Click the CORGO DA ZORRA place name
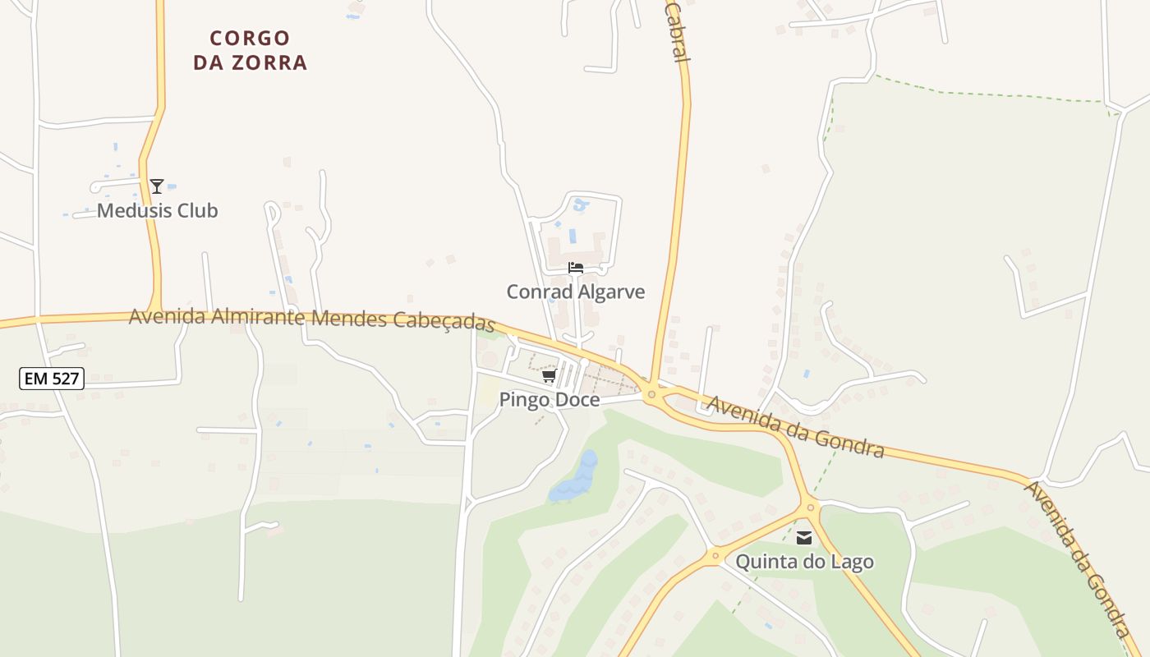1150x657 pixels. coord(250,50)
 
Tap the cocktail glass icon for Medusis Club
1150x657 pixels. coord(157,186)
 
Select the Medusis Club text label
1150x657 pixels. coord(157,211)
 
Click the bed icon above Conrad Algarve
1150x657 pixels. coord(576,268)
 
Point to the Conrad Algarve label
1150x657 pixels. coord(575,292)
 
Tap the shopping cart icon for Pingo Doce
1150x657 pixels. coord(550,376)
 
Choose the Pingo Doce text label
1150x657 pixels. coord(550,400)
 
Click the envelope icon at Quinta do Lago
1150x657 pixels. coord(804,539)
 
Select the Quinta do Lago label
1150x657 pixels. coord(804,562)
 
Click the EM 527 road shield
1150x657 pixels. coord(52,379)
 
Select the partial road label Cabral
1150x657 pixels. coord(675,31)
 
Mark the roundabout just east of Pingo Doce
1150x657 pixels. coord(651,395)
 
